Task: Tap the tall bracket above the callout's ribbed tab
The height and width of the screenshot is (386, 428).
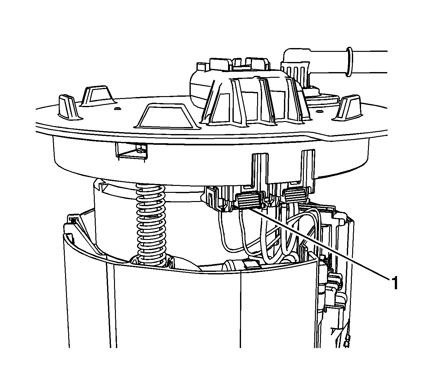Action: click(x=259, y=170)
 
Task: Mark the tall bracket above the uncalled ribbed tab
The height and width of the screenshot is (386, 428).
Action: click(x=308, y=168)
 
